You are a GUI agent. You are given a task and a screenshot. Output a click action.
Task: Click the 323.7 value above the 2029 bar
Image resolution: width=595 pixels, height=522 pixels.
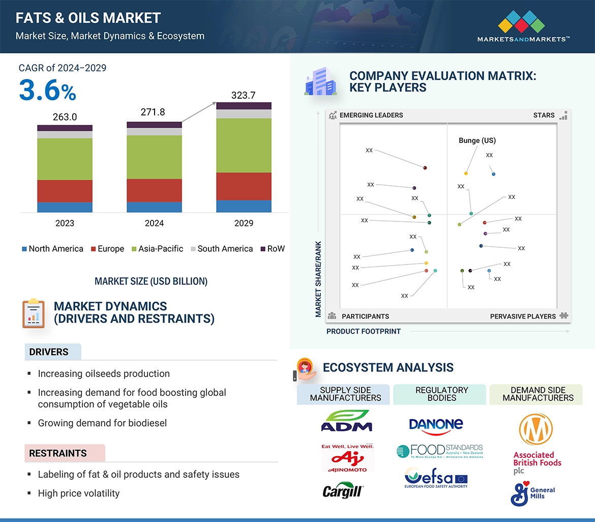tap(244, 95)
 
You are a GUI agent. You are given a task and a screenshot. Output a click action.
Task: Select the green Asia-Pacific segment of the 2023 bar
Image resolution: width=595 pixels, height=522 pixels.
tap(65, 159)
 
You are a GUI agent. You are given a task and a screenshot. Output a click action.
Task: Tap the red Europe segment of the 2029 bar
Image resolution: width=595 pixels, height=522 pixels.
tap(244, 186)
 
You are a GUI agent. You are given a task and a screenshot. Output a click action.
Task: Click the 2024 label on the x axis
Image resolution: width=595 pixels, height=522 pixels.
tap(154, 223)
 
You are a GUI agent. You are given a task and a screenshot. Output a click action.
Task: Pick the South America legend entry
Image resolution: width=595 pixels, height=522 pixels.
tap(221, 249)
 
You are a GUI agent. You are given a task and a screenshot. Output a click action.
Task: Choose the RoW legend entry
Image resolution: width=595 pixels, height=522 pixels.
tap(273, 249)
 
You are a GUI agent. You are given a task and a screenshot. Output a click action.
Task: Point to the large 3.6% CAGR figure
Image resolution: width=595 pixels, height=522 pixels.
tap(47, 91)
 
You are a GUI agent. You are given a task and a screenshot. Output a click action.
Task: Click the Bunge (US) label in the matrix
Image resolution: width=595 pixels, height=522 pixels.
tap(477, 140)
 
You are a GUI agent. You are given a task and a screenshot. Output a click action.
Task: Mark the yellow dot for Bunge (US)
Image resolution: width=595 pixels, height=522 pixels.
tap(466, 173)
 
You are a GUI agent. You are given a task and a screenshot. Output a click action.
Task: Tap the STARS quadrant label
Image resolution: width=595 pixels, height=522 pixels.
tap(544, 115)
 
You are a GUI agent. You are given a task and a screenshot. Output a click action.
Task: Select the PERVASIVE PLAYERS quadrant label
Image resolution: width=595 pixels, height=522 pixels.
tap(523, 316)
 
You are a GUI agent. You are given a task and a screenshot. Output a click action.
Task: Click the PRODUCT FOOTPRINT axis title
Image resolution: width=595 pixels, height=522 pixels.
tap(364, 331)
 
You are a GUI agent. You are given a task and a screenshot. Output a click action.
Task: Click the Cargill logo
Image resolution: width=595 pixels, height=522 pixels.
tap(345, 490)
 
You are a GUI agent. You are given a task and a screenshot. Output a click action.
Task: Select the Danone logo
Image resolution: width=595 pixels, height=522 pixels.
tap(436, 425)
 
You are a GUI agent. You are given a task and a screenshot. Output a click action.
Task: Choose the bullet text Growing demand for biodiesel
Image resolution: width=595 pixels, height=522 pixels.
tap(102, 423)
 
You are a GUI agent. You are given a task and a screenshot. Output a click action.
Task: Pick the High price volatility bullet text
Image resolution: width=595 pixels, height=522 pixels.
tap(79, 493)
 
